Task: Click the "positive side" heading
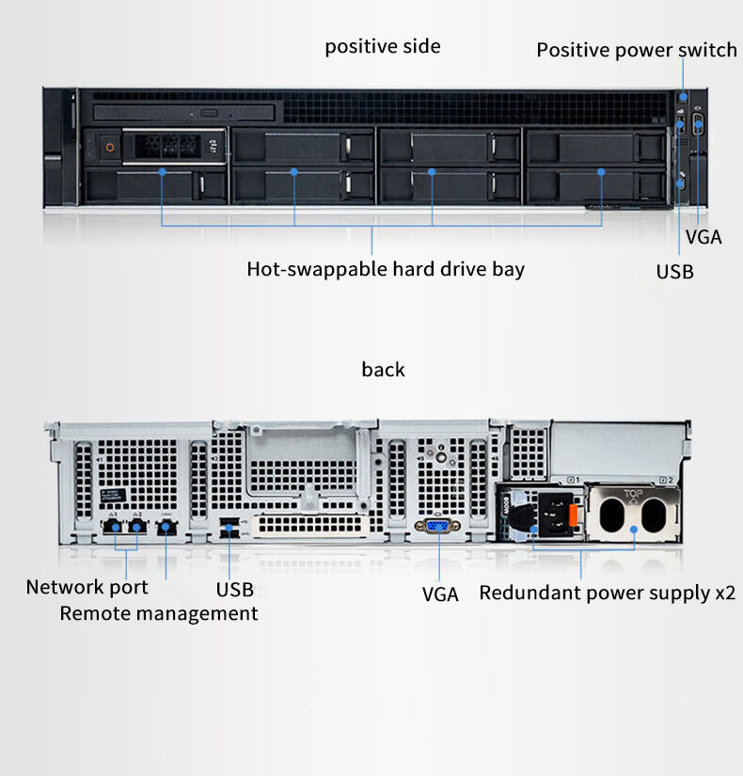click(383, 46)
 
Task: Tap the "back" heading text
click(383, 370)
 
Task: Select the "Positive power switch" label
click(636, 50)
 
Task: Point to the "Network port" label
click(87, 588)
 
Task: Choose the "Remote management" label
click(159, 614)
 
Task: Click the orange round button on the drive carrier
click(109, 146)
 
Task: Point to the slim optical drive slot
click(184, 113)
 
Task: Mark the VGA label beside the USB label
click(703, 237)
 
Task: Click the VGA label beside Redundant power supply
click(439, 594)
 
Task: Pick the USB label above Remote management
click(234, 591)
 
